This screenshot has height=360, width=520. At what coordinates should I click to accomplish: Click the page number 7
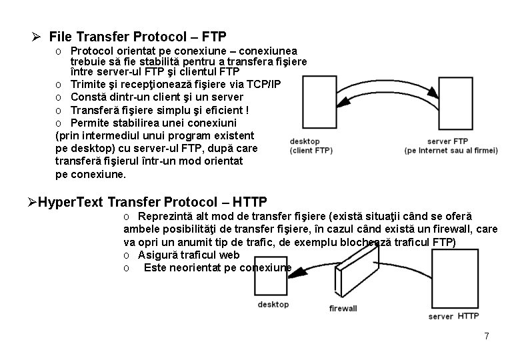click(x=487, y=336)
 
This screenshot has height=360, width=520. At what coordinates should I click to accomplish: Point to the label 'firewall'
click(x=343, y=308)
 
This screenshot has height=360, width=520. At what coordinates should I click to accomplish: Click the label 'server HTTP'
click(x=453, y=316)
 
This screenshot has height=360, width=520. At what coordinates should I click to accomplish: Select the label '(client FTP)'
click(x=311, y=151)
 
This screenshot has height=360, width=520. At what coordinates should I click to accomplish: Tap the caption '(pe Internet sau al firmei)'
click(x=451, y=151)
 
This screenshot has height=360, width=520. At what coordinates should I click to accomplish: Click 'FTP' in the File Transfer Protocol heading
click(x=213, y=35)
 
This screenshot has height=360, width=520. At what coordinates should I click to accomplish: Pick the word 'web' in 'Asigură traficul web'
click(x=230, y=255)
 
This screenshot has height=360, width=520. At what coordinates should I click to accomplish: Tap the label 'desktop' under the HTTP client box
click(x=273, y=304)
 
